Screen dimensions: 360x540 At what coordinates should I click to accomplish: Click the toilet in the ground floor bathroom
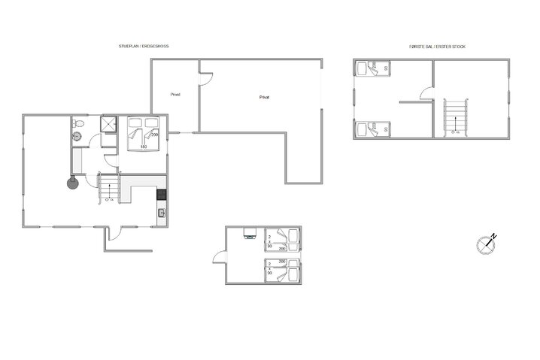[77, 123]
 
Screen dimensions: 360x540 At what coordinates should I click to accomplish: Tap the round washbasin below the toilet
[77, 137]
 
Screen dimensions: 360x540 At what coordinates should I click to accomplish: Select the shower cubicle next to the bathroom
[110, 125]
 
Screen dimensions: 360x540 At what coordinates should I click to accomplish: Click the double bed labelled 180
[143, 133]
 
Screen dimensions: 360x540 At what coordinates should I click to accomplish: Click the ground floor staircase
[108, 188]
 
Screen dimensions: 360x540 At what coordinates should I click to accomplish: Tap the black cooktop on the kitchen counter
[160, 195]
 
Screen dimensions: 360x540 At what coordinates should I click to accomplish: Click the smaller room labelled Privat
[175, 95]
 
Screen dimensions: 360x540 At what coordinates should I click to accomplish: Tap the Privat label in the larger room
[264, 97]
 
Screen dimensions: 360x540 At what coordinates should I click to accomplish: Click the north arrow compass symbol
[487, 244]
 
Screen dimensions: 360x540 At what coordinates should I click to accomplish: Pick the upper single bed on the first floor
[371, 68]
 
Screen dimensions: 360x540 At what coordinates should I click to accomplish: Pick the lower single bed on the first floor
[371, 129]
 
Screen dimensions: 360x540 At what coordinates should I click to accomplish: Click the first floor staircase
[456, 118]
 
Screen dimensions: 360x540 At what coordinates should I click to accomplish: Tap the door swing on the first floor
[425, 95]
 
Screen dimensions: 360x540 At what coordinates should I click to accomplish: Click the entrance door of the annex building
[219, 258]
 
